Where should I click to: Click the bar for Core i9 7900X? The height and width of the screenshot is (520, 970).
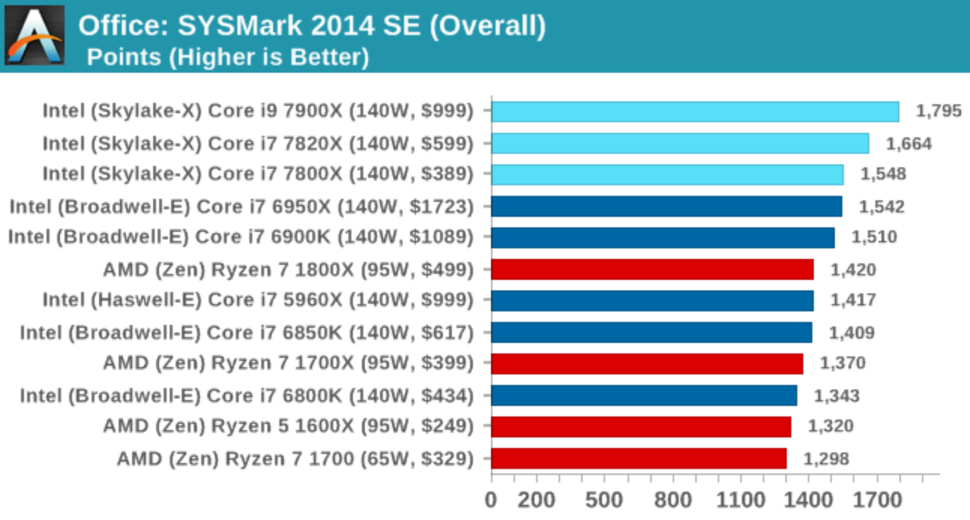pyautogui.click(x=694, y=112)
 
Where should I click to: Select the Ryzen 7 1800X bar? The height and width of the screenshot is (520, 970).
pyautogui.click(x=652, y=269)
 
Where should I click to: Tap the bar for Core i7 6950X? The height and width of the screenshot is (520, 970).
pyautogui.click(x=666, y=206)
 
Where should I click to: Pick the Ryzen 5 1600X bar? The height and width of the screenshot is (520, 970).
pyautogui.click(x=640, y=427)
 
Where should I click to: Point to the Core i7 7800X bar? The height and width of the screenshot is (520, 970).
pyautogui.click(x=667, y=175)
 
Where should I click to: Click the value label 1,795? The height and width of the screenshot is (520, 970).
pyautogui.click(x=938, y=112)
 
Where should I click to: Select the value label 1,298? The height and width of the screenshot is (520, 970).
pyautogui.click(x=827, y=458)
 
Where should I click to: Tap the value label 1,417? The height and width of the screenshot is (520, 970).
pyautogui.click(x=853, y=301)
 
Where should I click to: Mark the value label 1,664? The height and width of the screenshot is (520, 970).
pyautogui.click(x=908, y=143)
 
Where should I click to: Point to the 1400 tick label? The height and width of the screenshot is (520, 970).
pyautogui.click(x=809, y=500)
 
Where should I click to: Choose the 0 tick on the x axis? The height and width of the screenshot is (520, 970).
pyautogui.click(x=491, y=500)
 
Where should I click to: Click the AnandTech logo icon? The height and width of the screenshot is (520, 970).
pyautogui.click(x=35, y=35)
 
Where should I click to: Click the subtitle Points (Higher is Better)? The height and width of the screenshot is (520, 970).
pyautogui.click(x=227, y=57)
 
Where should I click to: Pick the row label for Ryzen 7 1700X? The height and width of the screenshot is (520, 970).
pyautogui.click(x=288, y=364)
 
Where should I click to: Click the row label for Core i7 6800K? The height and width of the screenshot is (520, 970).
pyautogui.click(x=247, y=395)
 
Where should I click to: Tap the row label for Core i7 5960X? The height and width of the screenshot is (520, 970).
pyautogui.click(x=258, y=301)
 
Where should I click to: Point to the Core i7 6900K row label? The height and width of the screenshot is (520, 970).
pyautogui.click(x=241, y=238)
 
